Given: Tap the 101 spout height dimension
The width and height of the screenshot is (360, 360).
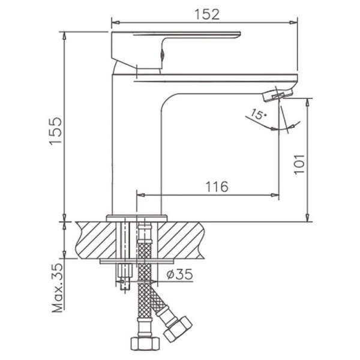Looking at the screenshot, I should pos(299,160).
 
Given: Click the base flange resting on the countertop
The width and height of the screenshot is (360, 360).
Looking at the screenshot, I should pos(137,218).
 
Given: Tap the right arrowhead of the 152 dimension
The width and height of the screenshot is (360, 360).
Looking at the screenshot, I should pos(295,22).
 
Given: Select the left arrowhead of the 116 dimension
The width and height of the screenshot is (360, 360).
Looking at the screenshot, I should pos(142,194).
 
